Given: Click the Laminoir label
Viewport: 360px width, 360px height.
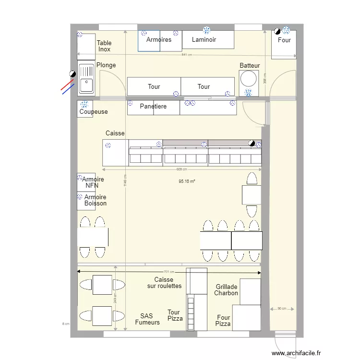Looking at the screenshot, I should point(204,40).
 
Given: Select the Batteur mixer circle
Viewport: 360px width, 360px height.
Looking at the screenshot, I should point(249,78).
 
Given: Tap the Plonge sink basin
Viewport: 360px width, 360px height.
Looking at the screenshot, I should point(86,85).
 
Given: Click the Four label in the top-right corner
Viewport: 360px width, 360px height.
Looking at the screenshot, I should point(284,40).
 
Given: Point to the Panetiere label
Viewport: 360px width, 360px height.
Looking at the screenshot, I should point(153,106).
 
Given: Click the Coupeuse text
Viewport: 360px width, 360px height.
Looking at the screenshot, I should point(94,112).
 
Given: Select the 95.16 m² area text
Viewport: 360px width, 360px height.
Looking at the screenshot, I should point(187,181).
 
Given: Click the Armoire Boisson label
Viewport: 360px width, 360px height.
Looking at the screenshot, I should point(95,200).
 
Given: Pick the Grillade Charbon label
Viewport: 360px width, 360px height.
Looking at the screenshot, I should point(226,290).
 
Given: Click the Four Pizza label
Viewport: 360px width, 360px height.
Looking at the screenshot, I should point(223,321).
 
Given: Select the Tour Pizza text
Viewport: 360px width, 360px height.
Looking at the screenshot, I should point(175,315).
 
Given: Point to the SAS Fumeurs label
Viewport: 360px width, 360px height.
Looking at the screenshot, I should point(147,319).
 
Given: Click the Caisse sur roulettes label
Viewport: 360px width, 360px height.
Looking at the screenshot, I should point(164,283).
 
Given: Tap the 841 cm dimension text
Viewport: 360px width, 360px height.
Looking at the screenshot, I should point(186,55).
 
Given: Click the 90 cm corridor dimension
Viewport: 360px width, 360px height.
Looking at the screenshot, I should point(282,309).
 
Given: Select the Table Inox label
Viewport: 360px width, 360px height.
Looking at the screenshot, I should point(104,46).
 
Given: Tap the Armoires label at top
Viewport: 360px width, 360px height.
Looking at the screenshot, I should point(158,40).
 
